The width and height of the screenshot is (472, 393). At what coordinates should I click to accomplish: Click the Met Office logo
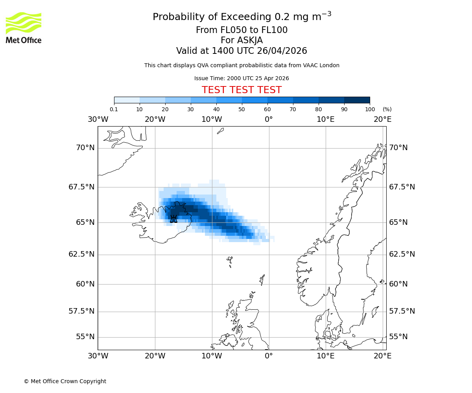click(24, 28)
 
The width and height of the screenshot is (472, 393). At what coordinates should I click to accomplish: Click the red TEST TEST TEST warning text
click(242, 90)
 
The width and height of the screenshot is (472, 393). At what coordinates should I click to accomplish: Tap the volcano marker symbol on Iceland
click(173, 219)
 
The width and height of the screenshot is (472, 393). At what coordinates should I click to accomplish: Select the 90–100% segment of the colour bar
click(357, 100)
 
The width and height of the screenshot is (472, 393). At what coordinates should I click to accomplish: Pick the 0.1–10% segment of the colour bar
click(127, 100)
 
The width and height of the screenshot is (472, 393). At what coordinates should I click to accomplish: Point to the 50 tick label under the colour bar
click(242, 109)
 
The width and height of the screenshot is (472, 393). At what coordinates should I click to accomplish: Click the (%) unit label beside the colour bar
click(387, 109)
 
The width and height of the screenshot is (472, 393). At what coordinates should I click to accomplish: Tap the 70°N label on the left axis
click(85, 148)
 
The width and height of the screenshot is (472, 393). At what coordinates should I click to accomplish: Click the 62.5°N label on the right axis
click(402, 254)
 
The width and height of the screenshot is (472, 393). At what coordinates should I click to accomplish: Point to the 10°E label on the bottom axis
click(326, 356)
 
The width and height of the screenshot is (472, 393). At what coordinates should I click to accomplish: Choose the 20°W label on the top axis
click(155, 119)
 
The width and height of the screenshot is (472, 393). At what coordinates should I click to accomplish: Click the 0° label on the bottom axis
click(269, 356)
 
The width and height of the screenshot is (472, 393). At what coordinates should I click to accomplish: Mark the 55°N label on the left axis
click(85, 337)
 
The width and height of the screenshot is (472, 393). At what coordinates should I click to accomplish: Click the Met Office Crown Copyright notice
click(65, 381)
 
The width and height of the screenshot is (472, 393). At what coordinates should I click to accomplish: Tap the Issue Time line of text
click(242, 78)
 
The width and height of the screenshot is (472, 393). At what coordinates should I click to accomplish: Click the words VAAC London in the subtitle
click(323, 65)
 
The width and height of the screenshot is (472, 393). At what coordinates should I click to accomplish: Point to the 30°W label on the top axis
click(98, 119)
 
